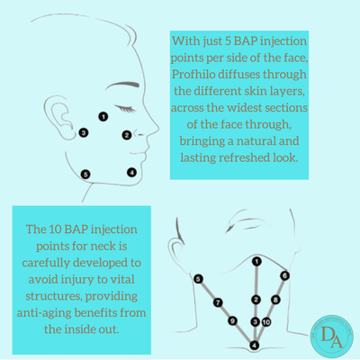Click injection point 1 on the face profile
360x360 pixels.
[103, 116]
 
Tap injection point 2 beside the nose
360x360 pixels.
[127, 136]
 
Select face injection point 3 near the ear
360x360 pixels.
[83, 132]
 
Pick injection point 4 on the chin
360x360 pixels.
[131, 172]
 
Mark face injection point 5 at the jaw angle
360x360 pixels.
[85, 174]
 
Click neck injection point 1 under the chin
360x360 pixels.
[256, 261]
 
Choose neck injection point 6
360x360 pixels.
[283, 275]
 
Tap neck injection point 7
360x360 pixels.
[217, 303]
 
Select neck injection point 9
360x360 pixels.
[232, 321]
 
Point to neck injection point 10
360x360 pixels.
[266, 321]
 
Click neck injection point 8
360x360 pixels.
[275, 300]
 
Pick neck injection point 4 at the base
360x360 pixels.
[255, 344]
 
